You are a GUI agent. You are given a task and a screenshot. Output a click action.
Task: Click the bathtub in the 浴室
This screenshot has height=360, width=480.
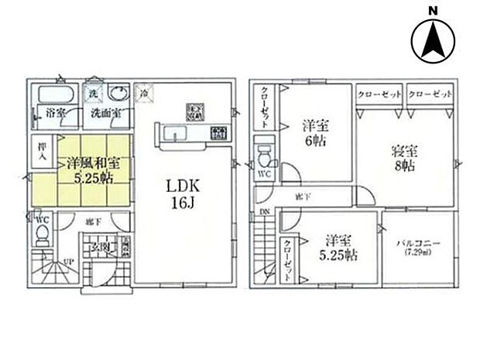point(53,96)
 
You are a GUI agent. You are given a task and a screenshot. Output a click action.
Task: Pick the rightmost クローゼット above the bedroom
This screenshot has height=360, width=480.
point(429,93)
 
